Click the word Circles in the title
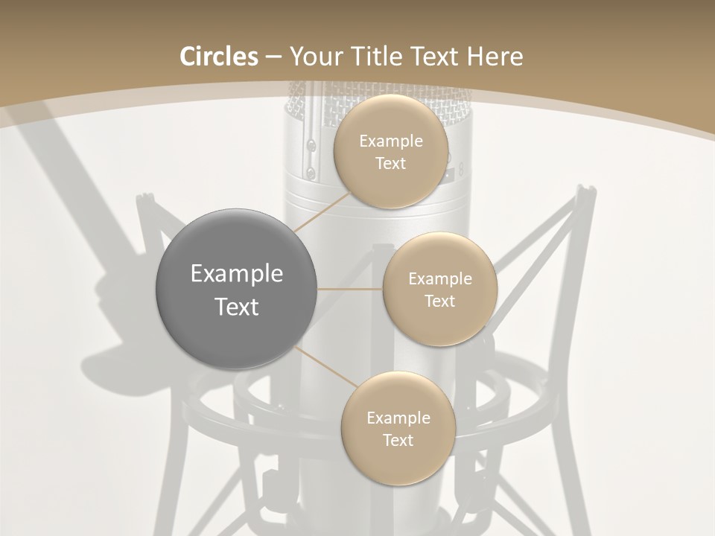[x=219, y=57]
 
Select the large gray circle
[x=236, y=289]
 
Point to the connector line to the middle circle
[x=349, y=289]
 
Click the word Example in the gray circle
[x=237, y=274]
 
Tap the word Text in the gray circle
[x=237, y=307]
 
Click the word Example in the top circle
[x=391, y=141]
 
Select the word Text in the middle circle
[x=439, y=301]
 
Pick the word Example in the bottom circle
[x=398, y=418]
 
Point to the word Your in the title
[x=314, y=57]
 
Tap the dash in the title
[x=273, y=57]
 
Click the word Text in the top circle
[x=390, y=164]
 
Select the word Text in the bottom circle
[x=398, y=441]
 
